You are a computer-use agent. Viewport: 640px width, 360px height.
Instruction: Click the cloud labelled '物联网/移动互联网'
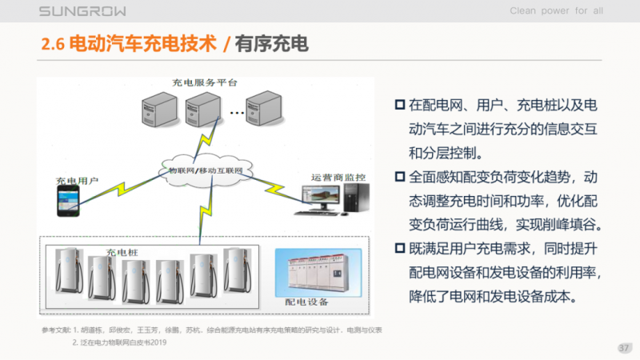pos(206,170)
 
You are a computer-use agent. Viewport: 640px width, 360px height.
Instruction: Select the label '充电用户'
pos(77,182)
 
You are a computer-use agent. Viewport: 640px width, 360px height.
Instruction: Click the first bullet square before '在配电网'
pos(400,106)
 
